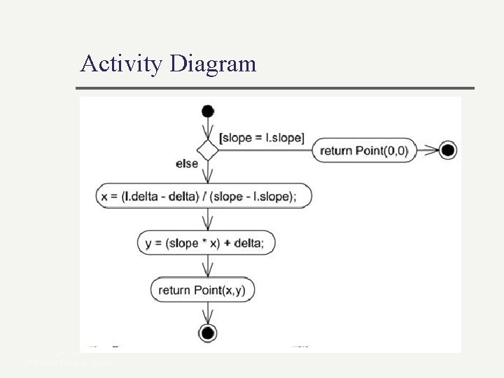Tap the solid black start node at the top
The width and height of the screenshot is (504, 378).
[208, 111]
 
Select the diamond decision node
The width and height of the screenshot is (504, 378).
[208, 150]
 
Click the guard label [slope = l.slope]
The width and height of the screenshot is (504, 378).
[262, 137]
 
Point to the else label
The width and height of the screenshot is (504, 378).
[187, 163]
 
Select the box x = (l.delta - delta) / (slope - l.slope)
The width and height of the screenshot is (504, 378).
[204, 197]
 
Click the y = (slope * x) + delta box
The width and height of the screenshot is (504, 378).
[206, 243]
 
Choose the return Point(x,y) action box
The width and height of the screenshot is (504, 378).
[203, 289]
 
